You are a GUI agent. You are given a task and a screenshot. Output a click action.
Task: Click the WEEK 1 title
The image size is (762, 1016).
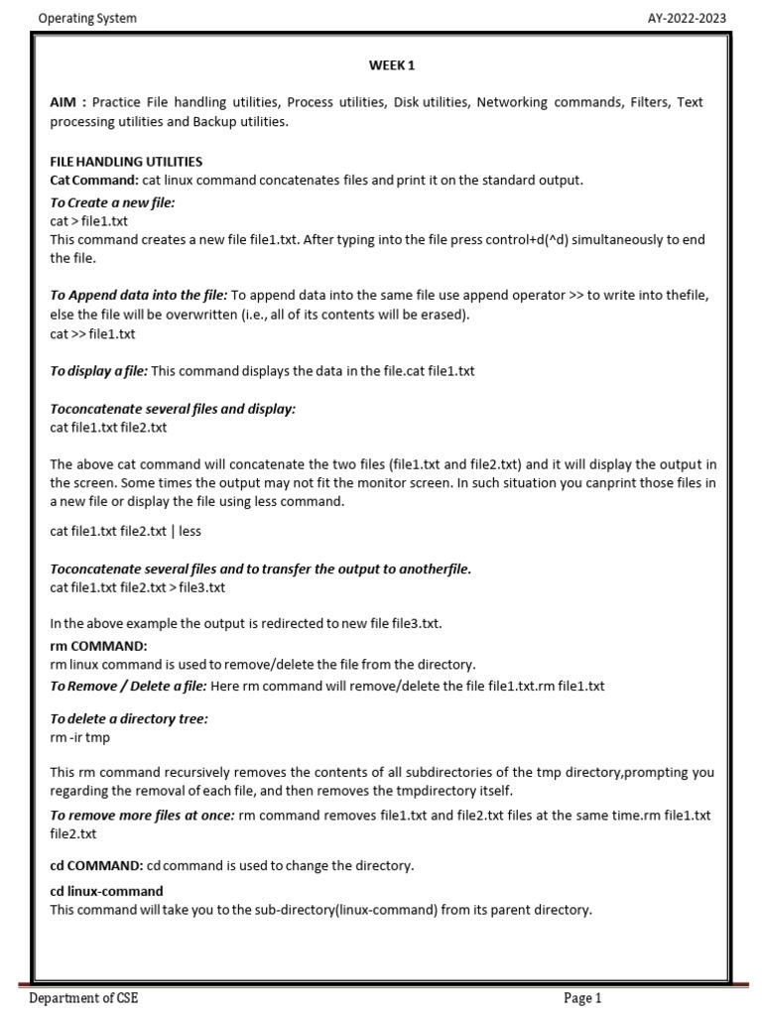point(391,65)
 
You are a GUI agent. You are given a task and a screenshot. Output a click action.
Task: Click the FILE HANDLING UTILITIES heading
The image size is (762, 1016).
point(126,161)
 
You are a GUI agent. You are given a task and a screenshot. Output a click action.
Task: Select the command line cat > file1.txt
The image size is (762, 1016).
point(89,221)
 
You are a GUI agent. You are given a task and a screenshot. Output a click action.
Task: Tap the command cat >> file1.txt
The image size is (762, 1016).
point(92,333)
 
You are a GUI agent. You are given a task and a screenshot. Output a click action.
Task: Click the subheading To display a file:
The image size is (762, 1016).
point(99,371)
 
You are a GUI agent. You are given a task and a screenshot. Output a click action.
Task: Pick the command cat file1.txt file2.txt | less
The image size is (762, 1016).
point(125,531)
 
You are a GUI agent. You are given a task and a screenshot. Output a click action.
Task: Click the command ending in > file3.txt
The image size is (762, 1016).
point(137,587)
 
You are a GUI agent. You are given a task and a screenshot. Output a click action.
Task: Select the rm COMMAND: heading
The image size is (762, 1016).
point(98,646)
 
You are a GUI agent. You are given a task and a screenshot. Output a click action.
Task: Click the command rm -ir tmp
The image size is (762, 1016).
point(80,738)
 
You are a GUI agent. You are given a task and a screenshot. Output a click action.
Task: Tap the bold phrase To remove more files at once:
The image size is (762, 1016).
point(143,815)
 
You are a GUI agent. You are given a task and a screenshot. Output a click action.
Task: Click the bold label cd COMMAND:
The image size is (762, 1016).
point(96,865)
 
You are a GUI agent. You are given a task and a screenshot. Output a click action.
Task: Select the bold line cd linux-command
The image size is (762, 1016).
point(106,891)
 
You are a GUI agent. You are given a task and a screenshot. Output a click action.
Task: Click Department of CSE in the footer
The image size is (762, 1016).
point(83,998)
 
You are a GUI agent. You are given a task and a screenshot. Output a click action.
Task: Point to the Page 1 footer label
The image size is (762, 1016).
point(582,998)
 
